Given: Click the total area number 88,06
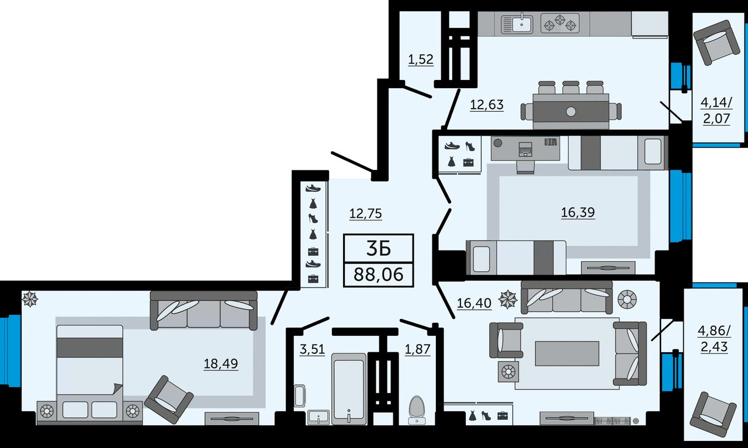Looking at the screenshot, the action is click(378, 275).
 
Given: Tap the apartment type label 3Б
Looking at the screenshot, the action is click(378, 248).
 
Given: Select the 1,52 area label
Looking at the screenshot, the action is click(421, 59).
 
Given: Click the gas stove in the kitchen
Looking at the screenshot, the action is click(560, 23).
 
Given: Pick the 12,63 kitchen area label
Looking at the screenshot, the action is click(487, 105).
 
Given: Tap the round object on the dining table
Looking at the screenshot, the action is click(571, 112).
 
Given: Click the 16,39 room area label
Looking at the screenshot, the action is click(578, 212).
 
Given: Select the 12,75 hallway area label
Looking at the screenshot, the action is click(366, 213).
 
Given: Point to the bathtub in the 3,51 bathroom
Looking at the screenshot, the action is click(349, 389).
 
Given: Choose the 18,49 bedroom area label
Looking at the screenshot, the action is click(221, 363).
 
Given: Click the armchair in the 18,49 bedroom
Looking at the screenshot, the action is click(169, 400).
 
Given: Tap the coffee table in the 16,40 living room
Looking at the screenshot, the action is click(567, 353).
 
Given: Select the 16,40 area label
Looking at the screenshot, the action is click(474, 303).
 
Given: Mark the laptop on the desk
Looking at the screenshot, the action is click(525, 149).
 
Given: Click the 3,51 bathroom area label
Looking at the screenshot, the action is click(312, 349).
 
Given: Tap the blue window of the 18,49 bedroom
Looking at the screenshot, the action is click(11, 350).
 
